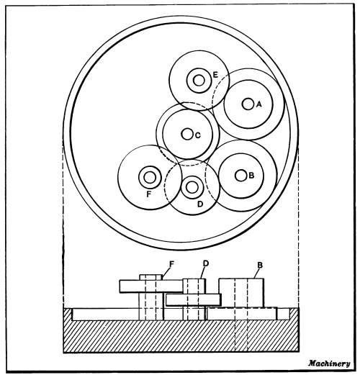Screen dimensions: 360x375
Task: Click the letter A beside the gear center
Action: (x=258, y=104)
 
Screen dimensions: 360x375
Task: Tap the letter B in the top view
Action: (x=251, y=176)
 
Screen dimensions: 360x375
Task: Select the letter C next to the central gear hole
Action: (x=198, y=135)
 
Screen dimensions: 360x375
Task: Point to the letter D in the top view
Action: (x=200, y=204)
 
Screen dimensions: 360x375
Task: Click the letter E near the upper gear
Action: (x=215, y=75)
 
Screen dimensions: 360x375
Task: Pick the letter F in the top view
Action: (x=149, y=194)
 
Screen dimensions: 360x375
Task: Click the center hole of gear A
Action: (x=248, y=104)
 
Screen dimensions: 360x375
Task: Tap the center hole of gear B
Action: (x=240, y=176)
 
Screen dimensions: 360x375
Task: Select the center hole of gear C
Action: (x=187, y=134)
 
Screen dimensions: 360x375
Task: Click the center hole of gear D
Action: (x=192, y=187)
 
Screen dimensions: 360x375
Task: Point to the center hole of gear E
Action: (x=199, y=81)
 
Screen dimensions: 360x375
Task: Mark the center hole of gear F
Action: (x=150, y=178)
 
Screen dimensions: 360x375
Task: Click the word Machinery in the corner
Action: (x=329, y=363)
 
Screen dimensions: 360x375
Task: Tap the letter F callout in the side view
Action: (x=171, y=264)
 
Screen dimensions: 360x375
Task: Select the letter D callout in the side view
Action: (x=206, y=263)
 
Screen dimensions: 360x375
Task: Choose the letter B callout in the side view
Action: (x=260, y=265)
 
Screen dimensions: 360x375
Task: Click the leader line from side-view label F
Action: (x=166, y=273)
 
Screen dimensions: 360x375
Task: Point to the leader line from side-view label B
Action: (x=257, y=274)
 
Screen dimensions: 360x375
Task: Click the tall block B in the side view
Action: (x=241, y=293)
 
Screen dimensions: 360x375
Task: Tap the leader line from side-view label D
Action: (x=202, y=273)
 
